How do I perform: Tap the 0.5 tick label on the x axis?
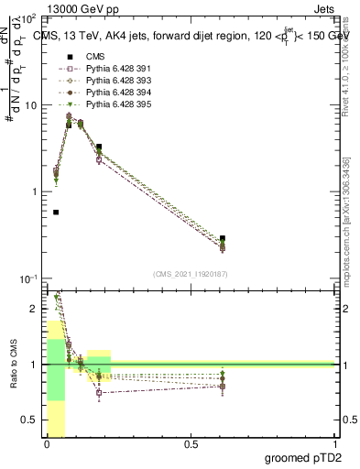[x=191, y=445]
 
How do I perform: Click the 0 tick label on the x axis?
[x=46, y=445]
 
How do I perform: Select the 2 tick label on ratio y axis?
[x=33, y=309]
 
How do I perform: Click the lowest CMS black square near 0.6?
[x=56, y=212]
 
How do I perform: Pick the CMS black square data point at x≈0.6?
[x=223, y=238]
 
